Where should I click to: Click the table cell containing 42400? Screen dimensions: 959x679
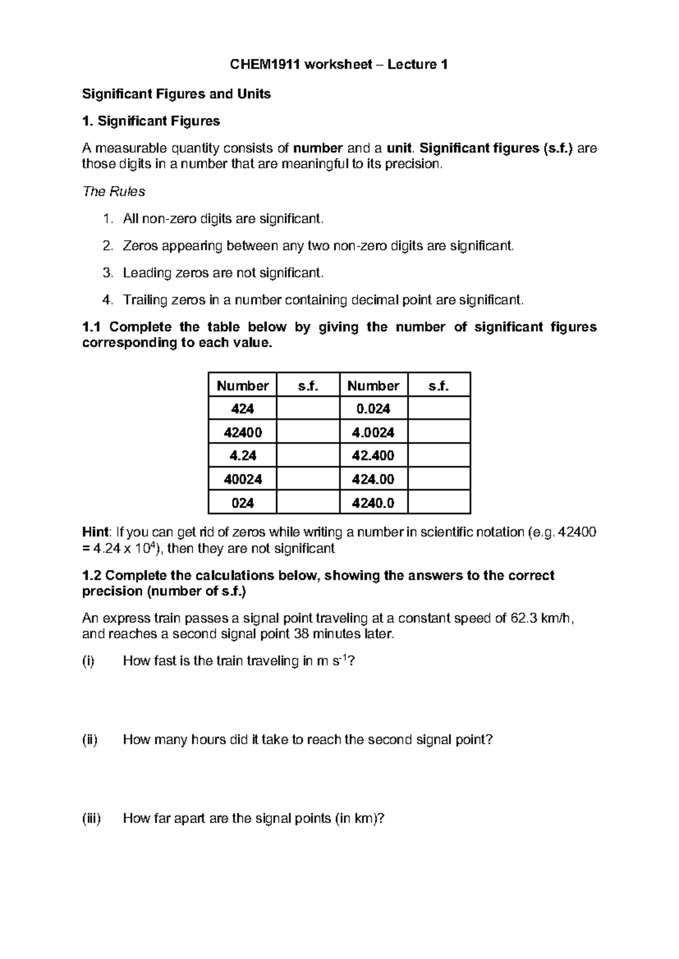coord(243,433)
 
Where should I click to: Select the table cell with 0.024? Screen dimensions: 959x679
coord(373,409)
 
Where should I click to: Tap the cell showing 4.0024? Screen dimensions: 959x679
coord(373,433)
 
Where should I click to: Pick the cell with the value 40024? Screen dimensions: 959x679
coord(243,479)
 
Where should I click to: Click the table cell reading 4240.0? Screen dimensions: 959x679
coord(373,503)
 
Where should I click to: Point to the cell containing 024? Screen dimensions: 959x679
coord(243,503)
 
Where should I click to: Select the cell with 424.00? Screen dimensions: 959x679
coord(373,479)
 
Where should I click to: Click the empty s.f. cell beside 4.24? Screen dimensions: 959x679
coord(308,456)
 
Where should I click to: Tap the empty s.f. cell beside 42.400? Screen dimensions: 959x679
coord(439,456)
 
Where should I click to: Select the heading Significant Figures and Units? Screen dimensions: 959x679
coord(177,94)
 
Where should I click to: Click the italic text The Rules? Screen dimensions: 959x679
coord(114,192)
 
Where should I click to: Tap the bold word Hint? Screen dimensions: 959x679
coord(95,532)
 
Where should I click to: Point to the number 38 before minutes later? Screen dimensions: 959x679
coord(304,634)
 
